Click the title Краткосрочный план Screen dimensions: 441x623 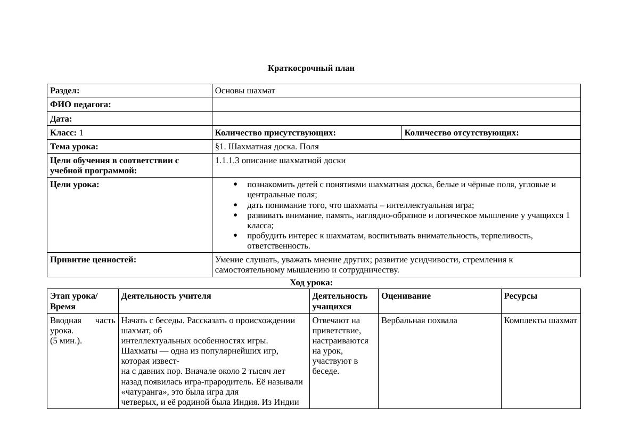point(311,68)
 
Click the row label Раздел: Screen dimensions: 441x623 point(65,91)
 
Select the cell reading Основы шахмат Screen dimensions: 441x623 point(245,91)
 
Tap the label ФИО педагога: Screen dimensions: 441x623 point(80,105)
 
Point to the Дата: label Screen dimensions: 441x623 point(61,119)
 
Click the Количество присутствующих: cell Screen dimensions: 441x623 point(275,133)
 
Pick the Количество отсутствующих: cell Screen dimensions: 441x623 point(462,133)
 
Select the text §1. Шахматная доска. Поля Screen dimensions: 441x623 point(267,147)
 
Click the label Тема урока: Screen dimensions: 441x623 point(74,147)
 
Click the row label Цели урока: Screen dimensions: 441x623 point(75,185)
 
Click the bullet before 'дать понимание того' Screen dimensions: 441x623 point(235,205)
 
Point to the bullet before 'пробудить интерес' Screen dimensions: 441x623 point(235,236)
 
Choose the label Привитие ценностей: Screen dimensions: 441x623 point(93,260)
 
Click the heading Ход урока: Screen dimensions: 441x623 point(311,283)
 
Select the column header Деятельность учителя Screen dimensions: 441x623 point(166,296)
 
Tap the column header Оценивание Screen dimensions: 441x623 point(406,296)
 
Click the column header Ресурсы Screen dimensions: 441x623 point(520,296)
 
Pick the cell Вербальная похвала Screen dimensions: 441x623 point(419,320)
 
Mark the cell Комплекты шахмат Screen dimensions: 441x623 point(540,320)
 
